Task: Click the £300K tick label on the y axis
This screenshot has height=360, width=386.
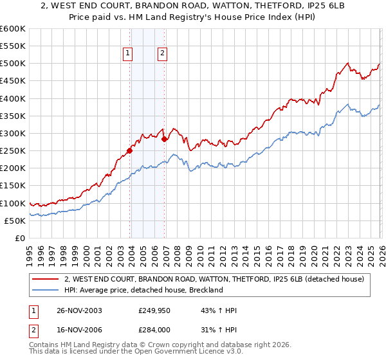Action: pos(13,133)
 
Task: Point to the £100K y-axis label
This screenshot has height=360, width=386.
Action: pos(13,203)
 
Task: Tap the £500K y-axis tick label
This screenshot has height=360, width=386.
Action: pos(13,63)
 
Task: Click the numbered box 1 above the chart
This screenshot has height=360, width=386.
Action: pos(129,53)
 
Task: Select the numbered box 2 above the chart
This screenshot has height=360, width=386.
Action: pos(162,53)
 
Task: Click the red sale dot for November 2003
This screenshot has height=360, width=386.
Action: pos(130,150)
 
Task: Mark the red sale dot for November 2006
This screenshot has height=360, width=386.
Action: pos(164,139)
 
